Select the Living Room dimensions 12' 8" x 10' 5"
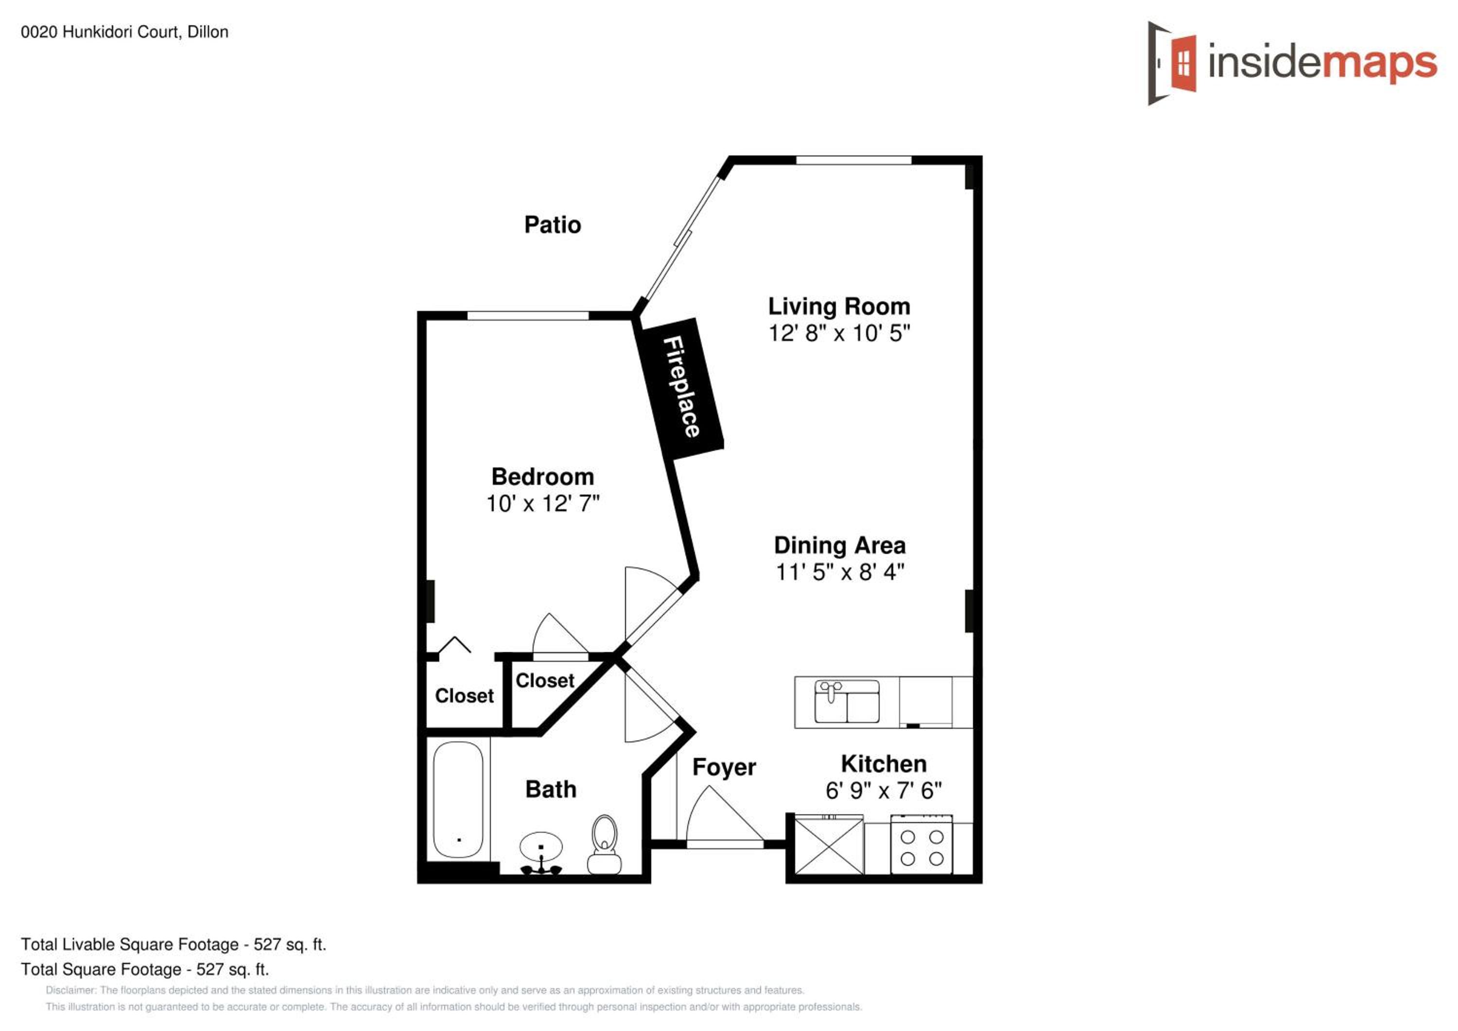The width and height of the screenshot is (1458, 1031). [x=839, y=333]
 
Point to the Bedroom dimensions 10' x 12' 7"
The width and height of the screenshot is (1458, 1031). [x=542, y=503]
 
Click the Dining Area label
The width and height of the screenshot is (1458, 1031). [x=839, y=545]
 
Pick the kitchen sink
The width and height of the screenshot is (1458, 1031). [x=847, y=702]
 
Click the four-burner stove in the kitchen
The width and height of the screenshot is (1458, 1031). [x=921, y=849]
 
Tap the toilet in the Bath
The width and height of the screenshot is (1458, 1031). [x=604, y=845]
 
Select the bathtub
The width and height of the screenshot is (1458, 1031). [x=458, y=800]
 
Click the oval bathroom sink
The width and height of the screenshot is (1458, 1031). [x=541, y=847]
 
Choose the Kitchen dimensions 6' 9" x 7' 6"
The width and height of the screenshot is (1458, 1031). [x=884, y=790]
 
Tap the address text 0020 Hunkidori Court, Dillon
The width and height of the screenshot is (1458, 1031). [x=124, y=32]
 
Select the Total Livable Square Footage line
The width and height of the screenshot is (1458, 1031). [x=174, y=944]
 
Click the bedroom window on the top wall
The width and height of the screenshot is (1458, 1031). [x=528, y=315]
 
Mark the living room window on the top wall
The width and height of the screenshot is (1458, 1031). [x=853, y=159]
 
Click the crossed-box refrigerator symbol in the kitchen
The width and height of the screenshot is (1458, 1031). [x=829, y=847]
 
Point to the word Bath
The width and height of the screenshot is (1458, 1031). [x=551, y=790]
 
